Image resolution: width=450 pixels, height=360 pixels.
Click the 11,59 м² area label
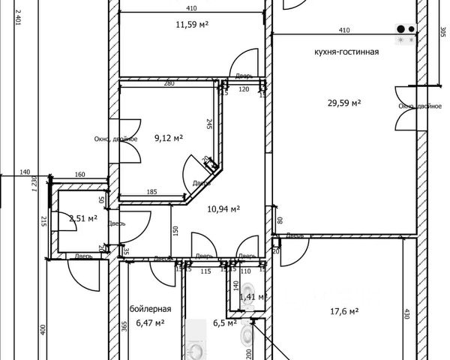click(191, 24)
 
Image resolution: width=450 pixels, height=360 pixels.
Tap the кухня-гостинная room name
click(346, 52)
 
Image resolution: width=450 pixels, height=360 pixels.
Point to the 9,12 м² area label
click(169, 137)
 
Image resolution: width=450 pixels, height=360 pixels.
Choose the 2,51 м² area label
click(82, 218)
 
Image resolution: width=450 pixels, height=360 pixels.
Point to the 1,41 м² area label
click(252, 297)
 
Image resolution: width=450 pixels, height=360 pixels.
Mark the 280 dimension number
click(169, 83)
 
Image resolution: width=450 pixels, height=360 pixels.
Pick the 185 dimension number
click(151, 193)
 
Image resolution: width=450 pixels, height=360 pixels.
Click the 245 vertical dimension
click(209, 124)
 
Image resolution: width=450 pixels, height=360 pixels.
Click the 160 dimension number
click(79, 175)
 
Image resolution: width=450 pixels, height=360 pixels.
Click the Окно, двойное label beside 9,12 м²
click(115, 138)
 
